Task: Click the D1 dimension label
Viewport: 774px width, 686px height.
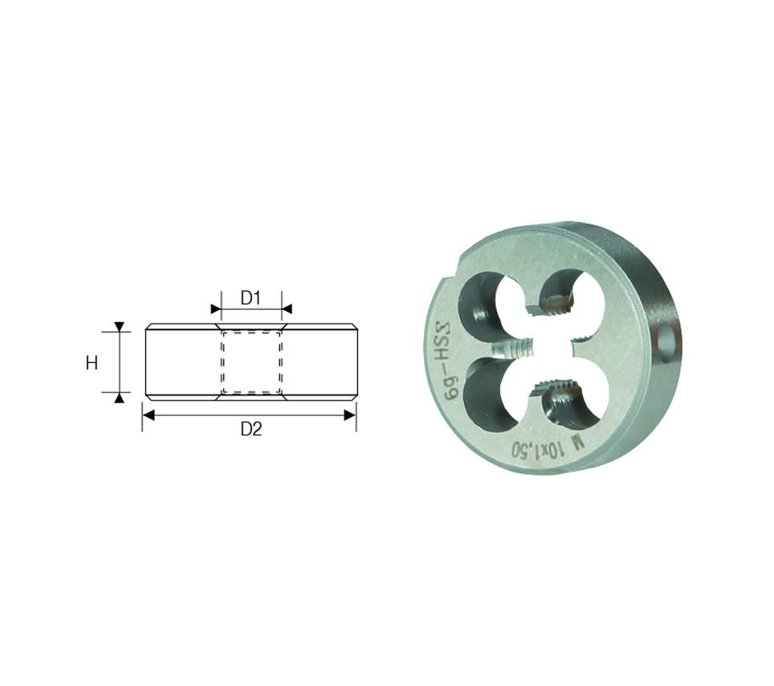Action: [x=251, y=298]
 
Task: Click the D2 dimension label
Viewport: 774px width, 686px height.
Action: [x=251, y=429]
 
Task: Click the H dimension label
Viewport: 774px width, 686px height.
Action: [x=92, y=364]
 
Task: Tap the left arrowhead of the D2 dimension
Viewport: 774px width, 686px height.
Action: [x=149, y=415]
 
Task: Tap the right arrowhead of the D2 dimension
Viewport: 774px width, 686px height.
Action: [x=349, y=415]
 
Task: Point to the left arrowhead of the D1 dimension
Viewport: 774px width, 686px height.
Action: [x=216, y=309]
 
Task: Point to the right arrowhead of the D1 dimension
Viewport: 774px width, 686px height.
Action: [x=287, y=309]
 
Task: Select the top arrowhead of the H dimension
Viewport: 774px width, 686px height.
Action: [x=120, y=326]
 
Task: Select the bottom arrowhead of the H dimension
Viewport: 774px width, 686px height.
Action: [x=120, y=398]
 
